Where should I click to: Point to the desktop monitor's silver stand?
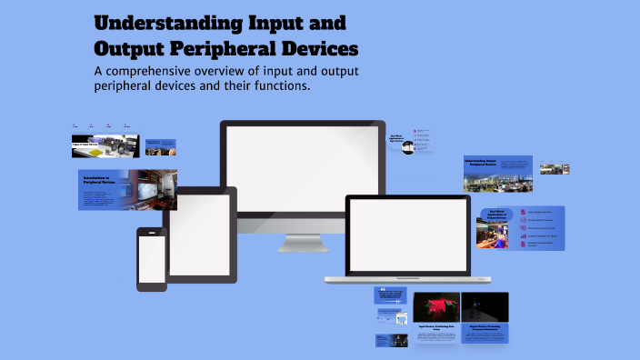pos(303,240)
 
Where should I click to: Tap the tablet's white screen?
pos(200,235)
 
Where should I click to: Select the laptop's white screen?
pos(408,235)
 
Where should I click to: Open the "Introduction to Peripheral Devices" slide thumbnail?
pos(127,189)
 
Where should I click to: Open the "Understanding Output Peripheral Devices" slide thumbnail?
pos(497,174)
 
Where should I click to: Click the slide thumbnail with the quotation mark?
pos(389,295)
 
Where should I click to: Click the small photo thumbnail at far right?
pos(555,168)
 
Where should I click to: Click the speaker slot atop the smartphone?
pos(152,232)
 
